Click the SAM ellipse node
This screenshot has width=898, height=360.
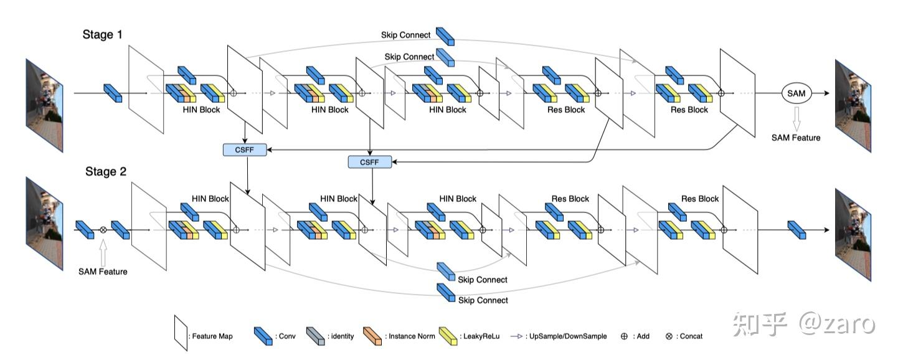click(796, 93)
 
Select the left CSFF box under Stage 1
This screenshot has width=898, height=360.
click(245, 150)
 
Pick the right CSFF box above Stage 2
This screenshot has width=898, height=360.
click(370, 162)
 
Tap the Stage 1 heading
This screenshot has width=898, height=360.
click(102, 34)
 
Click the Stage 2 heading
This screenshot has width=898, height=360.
click(106, 171)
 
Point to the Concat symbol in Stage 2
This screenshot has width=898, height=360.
click(103, 230)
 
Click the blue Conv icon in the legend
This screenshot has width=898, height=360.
click(263, 336)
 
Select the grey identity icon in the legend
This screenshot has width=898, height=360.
click(315, 336)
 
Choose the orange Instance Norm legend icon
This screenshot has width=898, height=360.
click(372, 336)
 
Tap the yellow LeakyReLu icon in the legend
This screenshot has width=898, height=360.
click(448, 336)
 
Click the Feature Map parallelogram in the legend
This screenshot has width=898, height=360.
click(181, 333)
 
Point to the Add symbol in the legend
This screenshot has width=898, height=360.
click(624, 336)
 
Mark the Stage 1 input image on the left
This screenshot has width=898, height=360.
click(44, 105)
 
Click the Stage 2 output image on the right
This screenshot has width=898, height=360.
click(853, 235)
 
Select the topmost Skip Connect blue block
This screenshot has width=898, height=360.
click(445, 37)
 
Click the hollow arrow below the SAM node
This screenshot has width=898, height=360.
click(796, 119)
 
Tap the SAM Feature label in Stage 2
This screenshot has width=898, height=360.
click(103, 272)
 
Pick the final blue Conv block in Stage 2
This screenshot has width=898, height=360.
click(796, 230)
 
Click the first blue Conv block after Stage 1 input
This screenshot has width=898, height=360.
click(113, 93)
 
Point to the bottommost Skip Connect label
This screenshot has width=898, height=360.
click(483, 300)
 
